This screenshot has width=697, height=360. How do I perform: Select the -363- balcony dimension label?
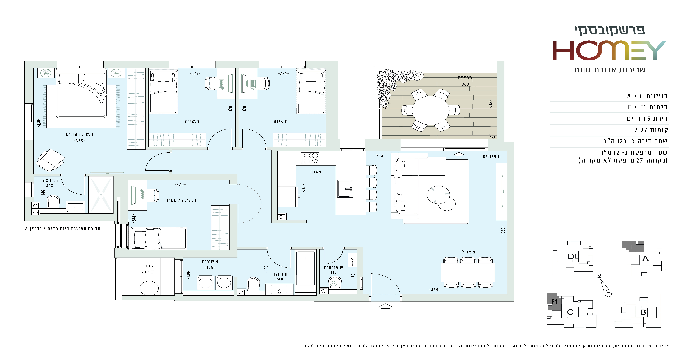pos(465,84)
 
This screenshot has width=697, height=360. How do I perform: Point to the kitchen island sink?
pos(345,189)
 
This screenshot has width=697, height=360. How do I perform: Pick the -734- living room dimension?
pos(380,156)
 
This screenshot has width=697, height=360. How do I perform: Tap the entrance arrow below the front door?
pos(385,306)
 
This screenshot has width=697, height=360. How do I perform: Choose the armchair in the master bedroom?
pos(50,160)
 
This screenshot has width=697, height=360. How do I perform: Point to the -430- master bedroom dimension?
pos(39,123)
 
